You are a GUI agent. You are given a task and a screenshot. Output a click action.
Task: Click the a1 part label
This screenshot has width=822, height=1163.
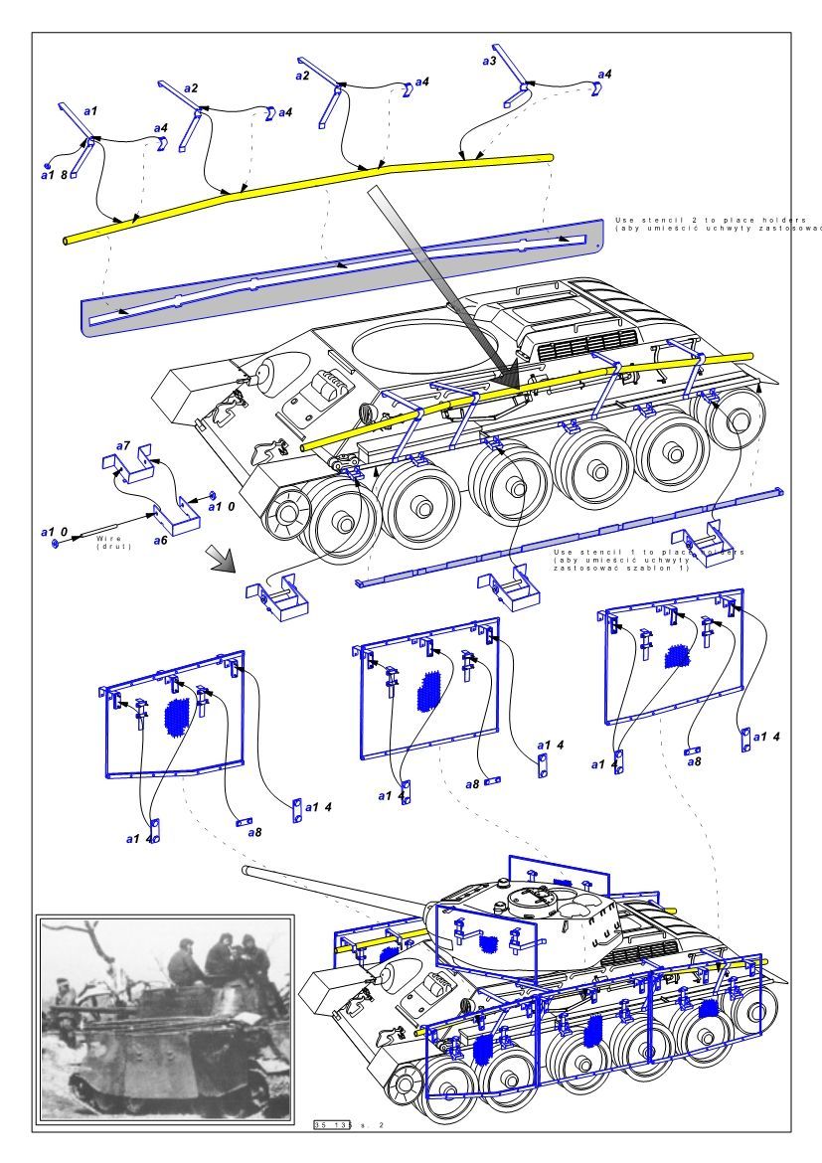pyautogui.click(x=89, y=111)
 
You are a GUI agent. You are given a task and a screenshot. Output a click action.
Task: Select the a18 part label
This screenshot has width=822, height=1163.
pyautogui.click(x=54, y=175)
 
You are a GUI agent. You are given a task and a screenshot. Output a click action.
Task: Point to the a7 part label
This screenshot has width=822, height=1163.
pyautogui.click(x=123, y=443)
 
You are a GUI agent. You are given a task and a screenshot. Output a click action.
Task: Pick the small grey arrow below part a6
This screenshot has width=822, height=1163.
pyautogui.click(x=221, y=560)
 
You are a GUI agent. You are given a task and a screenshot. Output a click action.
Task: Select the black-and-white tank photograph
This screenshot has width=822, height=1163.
pyautogui.click(x=165, y=1019)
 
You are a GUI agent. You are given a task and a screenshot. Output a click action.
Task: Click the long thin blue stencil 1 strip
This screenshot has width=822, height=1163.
pyautogui.click(x=567, y=536)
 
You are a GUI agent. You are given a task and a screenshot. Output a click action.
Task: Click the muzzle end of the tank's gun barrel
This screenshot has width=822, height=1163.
pyautogui.click(x=246, y=870)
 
